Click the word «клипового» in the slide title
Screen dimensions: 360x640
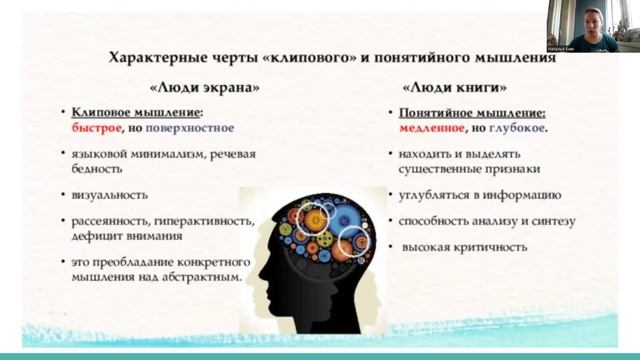[298, 60]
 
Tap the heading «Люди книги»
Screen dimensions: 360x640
[449, 87]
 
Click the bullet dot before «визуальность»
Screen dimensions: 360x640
[63, 196]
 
